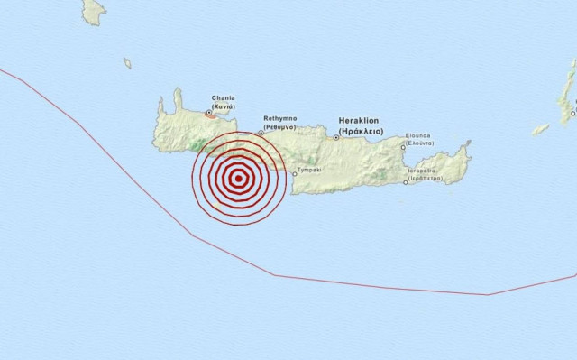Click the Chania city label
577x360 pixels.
[224, 97]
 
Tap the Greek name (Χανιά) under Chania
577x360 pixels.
[224, 106]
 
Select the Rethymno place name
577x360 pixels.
[280, 118]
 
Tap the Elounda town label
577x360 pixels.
[418, 136]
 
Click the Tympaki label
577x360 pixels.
[310, 169]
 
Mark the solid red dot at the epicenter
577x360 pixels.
[238, 178]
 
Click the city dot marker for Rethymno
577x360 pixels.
[261, 133]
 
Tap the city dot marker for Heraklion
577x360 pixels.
[336, 137]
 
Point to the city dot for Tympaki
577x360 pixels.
[294, 173]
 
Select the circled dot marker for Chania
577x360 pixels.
[209, 113]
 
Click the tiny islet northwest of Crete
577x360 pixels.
[127, 63]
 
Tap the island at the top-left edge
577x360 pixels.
[93, 11]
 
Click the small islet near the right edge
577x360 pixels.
[540, 129]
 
